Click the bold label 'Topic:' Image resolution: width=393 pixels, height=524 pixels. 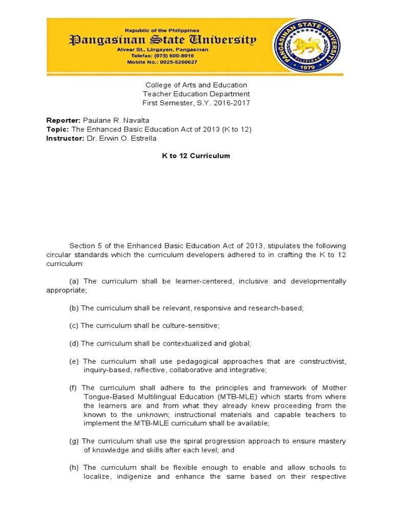57,129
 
